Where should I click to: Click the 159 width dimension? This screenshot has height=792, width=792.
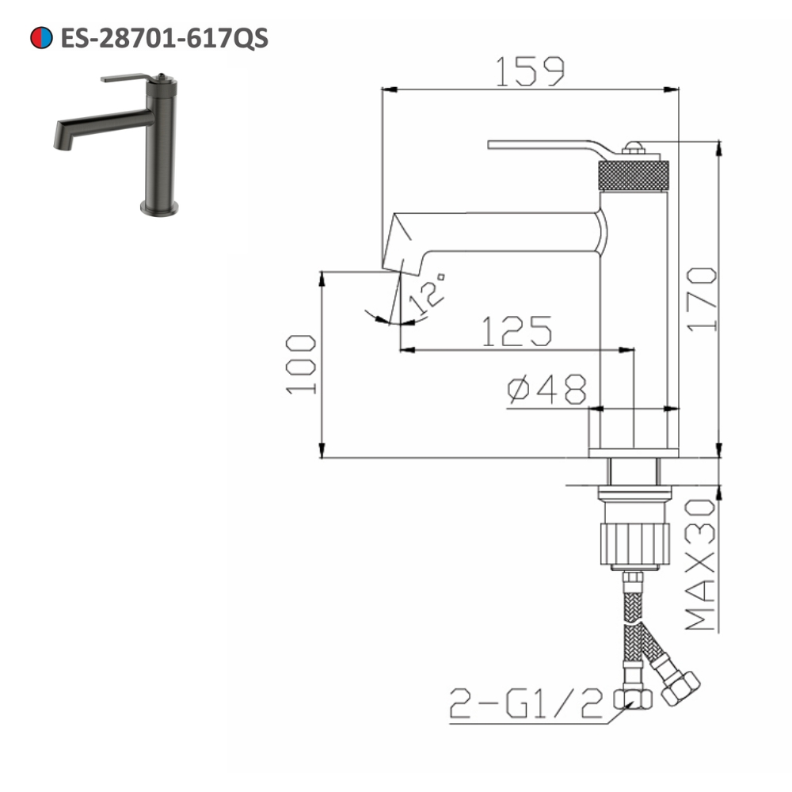click(x=530, y=72)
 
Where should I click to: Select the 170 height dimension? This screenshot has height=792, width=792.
click(x=702, y=299)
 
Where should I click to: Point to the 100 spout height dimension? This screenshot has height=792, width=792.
click(x=302, y=364)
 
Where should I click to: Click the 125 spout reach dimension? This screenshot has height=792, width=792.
click(x=516, y=332)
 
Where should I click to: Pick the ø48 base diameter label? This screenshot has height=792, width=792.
click(x=547, y=390)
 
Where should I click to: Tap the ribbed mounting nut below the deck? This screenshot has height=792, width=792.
click(x=633, y=542)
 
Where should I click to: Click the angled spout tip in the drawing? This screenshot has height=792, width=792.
click(x=399, y=249)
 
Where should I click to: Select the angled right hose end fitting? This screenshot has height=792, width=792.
click(x=680, y=687)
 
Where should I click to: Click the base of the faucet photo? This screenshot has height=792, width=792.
click(x=159, y=208)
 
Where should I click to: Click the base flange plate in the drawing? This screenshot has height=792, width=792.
click(x=633, y=453)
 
